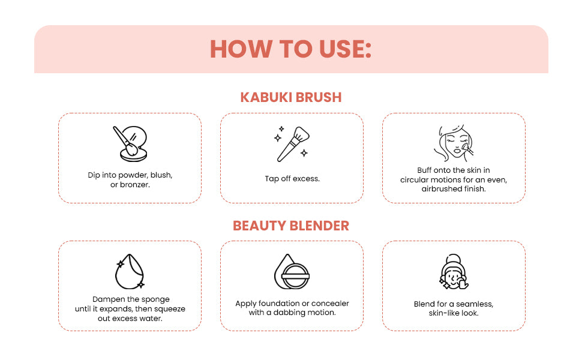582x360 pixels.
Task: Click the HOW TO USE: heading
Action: point(291,50)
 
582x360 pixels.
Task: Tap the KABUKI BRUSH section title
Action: point(291,97)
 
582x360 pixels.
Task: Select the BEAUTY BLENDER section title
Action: point(291,226)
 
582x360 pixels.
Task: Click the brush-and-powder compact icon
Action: point(130,143)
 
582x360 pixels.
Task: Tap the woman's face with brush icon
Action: point(454,143)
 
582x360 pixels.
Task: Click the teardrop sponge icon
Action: point(130,271)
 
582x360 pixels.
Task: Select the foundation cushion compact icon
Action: point(292,271)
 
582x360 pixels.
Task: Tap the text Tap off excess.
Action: point(292,179)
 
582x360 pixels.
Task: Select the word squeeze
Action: point(169,308)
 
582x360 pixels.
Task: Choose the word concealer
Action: point(329,304)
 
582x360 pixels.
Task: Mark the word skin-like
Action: point(444,313)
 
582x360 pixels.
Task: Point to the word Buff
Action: point(425,170)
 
